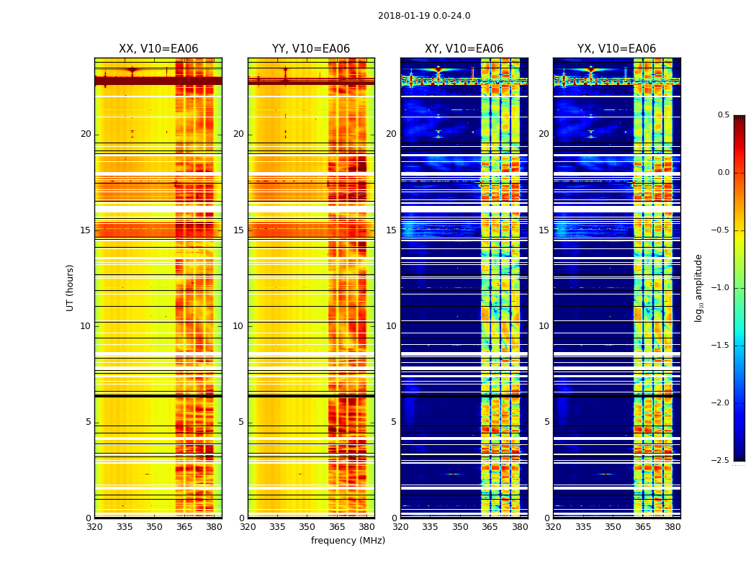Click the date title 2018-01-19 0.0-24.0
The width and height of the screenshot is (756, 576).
point(424,16)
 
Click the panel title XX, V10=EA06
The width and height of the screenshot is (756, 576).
point(158,49)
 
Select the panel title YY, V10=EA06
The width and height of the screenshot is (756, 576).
point(311,49)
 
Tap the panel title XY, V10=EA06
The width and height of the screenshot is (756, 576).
point(464,49)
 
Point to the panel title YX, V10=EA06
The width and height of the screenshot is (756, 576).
point(616,49)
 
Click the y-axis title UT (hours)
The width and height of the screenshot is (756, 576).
point(71,287)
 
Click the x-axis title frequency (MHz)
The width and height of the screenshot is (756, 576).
point(348,541)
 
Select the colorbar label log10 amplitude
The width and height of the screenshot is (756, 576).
point(698,287)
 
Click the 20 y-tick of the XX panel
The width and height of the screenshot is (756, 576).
point(86,134)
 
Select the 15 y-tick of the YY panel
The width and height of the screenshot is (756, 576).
point(238,230)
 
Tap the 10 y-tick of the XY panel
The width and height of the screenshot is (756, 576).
point(391,326)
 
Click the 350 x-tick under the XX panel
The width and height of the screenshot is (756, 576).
point(154,527)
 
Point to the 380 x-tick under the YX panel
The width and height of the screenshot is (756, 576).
point(672,527)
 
